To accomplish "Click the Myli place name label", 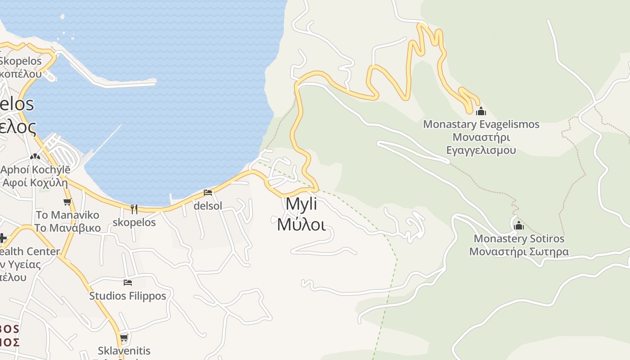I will click(301, 204).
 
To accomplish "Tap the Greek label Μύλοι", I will click(301, 224).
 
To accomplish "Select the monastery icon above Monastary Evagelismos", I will click(481, 111).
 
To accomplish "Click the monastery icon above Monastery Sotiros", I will click(518, 225).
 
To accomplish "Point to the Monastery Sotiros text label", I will click(518, 238).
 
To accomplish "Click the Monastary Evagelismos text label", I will click(481, 124).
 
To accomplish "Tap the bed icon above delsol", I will click(207, 193).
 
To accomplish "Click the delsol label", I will click(207, 206).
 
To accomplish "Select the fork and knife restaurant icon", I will click(134, 209).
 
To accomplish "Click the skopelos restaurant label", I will click(134, 222).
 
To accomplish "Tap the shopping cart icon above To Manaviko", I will click(67, 202).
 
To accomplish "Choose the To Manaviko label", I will click(67, 215).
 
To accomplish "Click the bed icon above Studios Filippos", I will click(128, 283).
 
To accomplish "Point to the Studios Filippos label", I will click(128, 296).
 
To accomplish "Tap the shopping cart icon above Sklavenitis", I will click(124, 337).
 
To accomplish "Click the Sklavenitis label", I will click(124, 351).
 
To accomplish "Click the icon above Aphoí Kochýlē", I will click(35, 157).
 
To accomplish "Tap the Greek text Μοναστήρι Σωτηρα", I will click(518, 252).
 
